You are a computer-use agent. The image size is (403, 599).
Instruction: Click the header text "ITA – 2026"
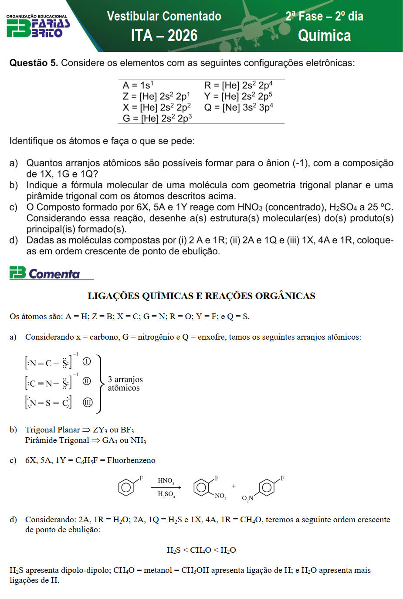164,35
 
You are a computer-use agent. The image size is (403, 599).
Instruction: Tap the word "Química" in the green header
324,35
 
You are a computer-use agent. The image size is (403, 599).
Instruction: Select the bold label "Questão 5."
34,63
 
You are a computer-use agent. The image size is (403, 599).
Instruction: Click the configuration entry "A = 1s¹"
138,85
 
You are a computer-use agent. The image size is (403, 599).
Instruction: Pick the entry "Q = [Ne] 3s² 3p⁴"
238,107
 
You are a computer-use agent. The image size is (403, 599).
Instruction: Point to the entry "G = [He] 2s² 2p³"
157,118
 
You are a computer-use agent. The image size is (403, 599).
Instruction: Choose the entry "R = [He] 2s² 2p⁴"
238,85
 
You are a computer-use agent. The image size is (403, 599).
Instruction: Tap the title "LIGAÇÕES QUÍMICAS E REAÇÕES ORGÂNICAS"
201,296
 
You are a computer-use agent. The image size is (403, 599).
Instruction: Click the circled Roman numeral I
87,361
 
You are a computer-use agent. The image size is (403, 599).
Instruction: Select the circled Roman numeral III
88,402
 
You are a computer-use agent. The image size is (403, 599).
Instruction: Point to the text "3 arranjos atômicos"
125,384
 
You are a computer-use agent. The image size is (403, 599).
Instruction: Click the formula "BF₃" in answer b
127,430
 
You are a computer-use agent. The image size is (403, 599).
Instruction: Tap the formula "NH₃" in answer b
138,440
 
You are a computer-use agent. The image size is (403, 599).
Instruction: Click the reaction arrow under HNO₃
166,487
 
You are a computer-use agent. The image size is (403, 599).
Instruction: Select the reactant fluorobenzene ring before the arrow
126,487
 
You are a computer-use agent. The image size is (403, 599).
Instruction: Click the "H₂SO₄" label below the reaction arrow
166,494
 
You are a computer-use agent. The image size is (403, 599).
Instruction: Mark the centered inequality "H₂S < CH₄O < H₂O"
201,550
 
